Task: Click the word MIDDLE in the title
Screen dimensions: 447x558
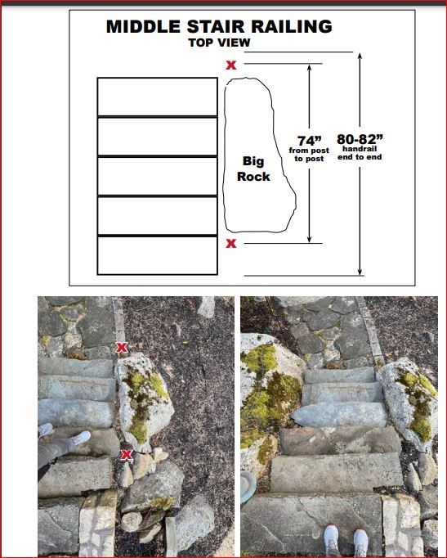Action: pyautogui.click(x=143, y=27)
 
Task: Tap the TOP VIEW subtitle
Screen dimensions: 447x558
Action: pyautogui.click(x=219, y=43)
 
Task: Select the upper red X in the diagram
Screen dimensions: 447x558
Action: pyautogui.click(x=231, y=65)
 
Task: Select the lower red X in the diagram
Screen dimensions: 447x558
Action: pyautogui.click(x=231, y=244)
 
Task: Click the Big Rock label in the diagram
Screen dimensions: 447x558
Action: pyautogui.click(x=253, y=169)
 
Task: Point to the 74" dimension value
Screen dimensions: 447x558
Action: pyautogui.click(x=309, y=140)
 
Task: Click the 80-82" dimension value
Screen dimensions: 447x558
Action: pyautogui.click(x=360, y=138)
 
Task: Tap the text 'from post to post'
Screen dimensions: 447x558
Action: pyautogui.click(x=309, y=155)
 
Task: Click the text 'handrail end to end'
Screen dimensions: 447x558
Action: pyautogui.click(x=360, y=153)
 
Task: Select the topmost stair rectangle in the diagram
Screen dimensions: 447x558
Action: pyautogui.click(x=158, y=97)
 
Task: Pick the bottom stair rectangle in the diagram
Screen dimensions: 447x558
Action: pyautogui.click(x=158, y=255)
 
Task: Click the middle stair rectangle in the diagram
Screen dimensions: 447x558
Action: pyautogui.click(x=158, y=176)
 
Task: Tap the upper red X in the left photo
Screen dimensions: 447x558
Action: pyautogui.click(x=122, y=348)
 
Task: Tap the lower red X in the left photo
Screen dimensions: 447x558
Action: pyautogui.click(x=127, y=454)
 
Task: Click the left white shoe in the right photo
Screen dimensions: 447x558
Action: pyautogui.click(x=332, y=541)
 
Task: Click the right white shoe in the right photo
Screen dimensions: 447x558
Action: pyautogui.click(x=360, y=543)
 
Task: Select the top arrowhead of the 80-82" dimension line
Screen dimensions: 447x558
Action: pyautogui.click(x=360, y=56)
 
